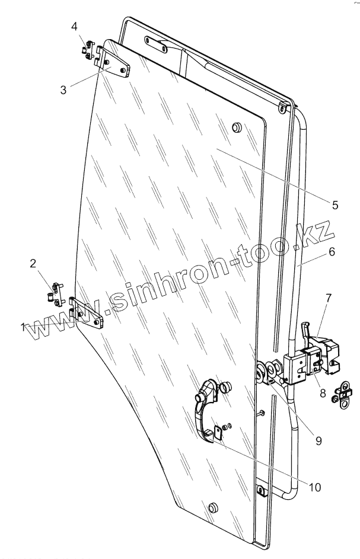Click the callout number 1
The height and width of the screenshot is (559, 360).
point(23,326)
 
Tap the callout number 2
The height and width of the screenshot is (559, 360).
point(33,263)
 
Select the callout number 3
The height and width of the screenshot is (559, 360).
point(62,90)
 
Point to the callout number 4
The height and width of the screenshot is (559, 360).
point(74,26)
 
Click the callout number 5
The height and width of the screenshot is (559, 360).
point(335,205)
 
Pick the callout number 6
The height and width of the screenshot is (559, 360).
point(331,251)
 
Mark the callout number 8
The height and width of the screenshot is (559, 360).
point(323,392)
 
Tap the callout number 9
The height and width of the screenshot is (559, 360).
point(318,440)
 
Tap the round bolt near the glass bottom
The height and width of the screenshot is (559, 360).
point(212,509)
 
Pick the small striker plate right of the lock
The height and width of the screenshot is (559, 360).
point(343,394)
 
